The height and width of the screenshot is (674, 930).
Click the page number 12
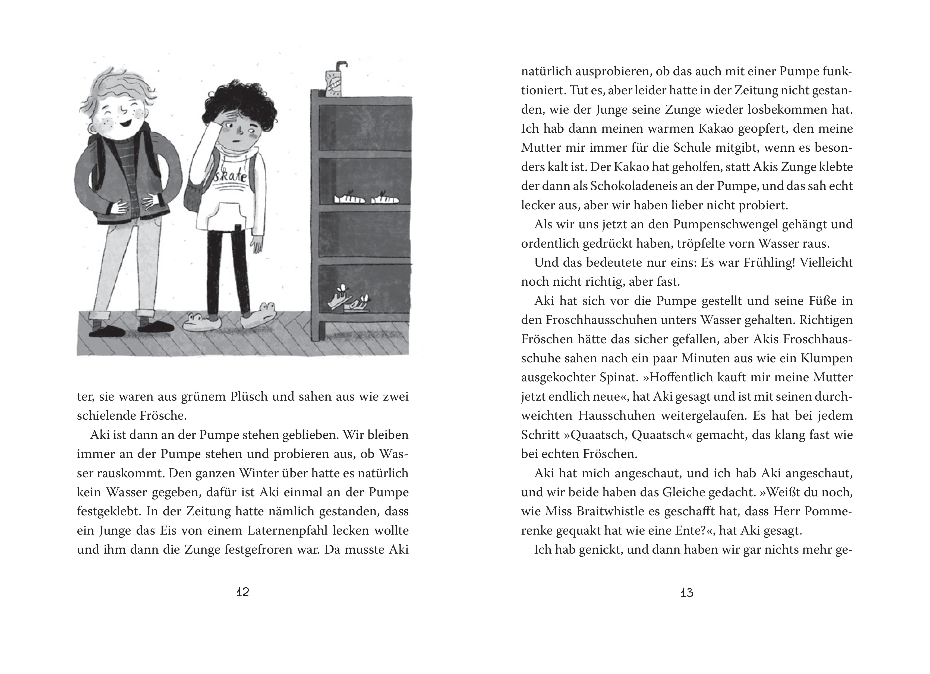(x=243, y=592)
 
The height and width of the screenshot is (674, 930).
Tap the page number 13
(x=687, y=593)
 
